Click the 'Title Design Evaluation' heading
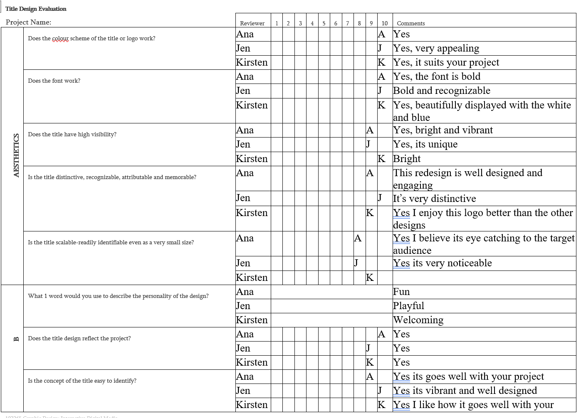pyautogui.click(x=36, y=9)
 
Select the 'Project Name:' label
pyautogui.click(x=29, y=22)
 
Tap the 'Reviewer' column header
pyautogui.click(x=252, y=23)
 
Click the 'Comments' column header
pyautogui.click(x=410, y=23)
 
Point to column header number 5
pyautogui.click(x=324, y=23)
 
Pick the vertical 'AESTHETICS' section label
pyautogui.click(x=17, y=155)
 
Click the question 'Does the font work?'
pyautogui.click(x=54, y=81)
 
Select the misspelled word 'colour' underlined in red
pyautogui.click(x=60, y=38)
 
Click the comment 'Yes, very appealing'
pyautogui.click(x=436, y=48)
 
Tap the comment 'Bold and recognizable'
pyautogui.click(x=441, y=91)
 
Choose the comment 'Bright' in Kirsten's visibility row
pyautogui.click(x=407, y=159)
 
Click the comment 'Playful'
pyautogui.click(x=408, y=306)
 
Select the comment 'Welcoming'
pyautogui.click(x=418, y=320)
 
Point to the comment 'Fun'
pyautogui.click(x=401, y=292)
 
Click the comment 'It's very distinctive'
pyautogui.click(x=434, y=199)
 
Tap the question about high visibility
pyautogui.click(x=72, y=134)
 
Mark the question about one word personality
pyautogui.click(x=118, y=296)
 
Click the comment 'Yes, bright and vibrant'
pyautogui.click(x=443, y=130)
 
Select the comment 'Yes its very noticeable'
pyautogui.click(x=442, y=263)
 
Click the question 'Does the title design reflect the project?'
pyautogui.click(x=79, y=338)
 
